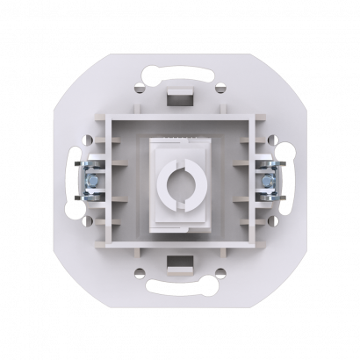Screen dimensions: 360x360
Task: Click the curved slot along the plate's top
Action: click(180, 66)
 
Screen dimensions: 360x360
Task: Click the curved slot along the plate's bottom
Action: click(180, 293)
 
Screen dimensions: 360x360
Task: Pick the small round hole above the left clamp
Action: click(89, 138)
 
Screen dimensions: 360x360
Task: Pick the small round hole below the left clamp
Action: click(89, 222)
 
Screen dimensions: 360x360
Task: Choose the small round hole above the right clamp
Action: click(271, 138)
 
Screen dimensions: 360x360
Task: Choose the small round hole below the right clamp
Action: click(271, 222)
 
